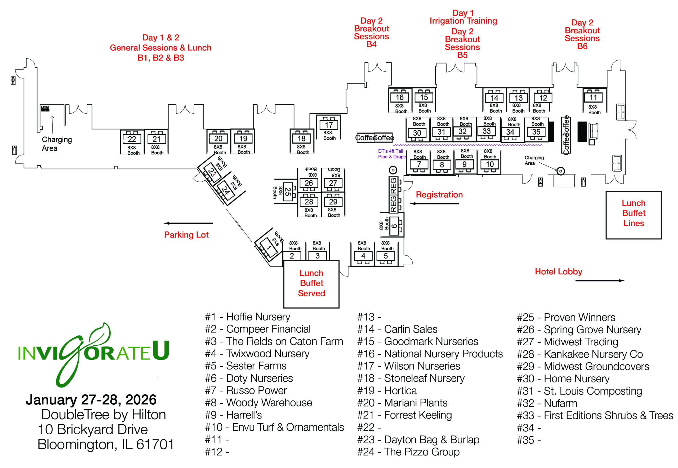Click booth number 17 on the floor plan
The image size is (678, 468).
coord(328,125)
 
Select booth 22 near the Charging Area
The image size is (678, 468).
coord(132,139)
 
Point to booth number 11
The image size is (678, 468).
coord(593,97)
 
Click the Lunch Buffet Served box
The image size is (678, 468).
coord(311,284)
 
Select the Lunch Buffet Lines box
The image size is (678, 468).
coord(634,213)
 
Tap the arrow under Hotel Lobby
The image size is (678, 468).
coord(599,281)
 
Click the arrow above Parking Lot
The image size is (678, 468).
coord(188,224)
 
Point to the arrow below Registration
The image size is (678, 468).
coord(434,203)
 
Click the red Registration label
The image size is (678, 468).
coord(439,195)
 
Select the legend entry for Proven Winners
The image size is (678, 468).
coord(566,318)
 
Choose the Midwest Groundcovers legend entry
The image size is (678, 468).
coord(583,367)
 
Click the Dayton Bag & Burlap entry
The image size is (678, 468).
coord(418,440)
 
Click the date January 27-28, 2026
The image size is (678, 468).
coord(91,400)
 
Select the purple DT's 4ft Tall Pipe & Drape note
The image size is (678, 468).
coord(391,154)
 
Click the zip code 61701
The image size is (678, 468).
coord(155,444)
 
